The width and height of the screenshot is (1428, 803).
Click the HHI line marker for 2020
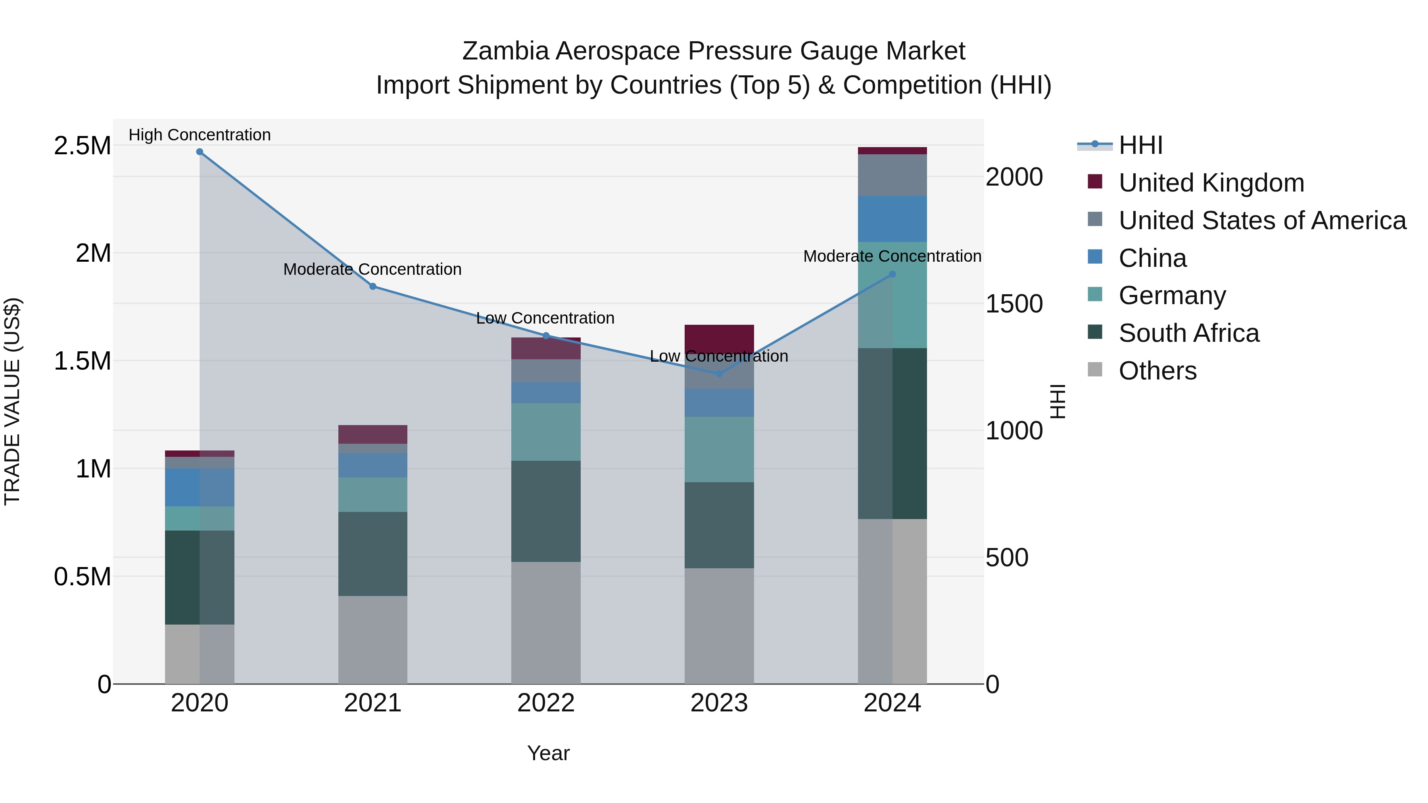point(200,151)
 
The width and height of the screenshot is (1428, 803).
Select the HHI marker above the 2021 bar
point(372,287)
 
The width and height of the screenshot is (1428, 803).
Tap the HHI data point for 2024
point(892,274)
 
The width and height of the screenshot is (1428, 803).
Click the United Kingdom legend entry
point(1211,183)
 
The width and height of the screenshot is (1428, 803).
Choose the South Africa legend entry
point(1188,333)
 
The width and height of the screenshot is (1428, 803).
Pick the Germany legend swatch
point(1095,295)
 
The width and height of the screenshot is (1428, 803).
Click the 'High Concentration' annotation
point(200,135)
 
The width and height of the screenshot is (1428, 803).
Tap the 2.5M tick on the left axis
point(83,146)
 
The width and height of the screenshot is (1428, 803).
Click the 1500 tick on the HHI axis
point(1014,304)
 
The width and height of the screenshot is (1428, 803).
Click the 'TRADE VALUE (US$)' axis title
point(12,401)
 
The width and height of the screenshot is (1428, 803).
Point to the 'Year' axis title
point(548,753)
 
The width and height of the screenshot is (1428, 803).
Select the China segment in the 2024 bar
point(892,218)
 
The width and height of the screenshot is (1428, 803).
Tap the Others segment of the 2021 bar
point(372,640)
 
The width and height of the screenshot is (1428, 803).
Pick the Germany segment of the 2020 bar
point(200,518)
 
